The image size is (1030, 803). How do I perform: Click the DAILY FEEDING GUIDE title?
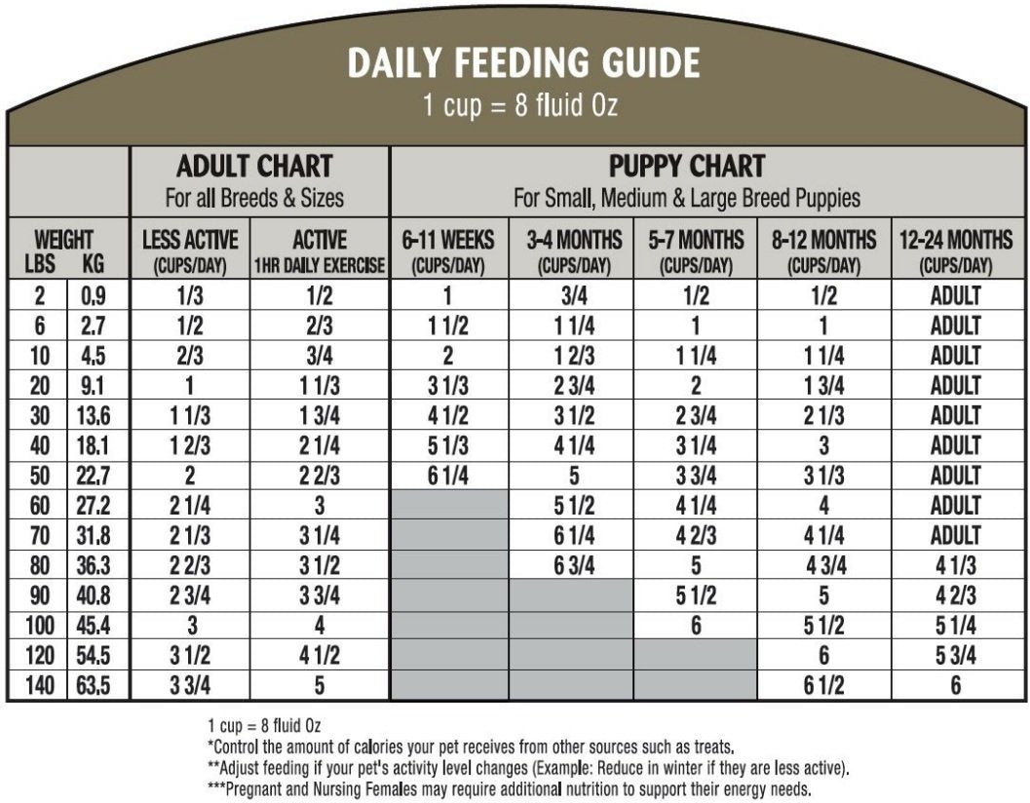(524, 64)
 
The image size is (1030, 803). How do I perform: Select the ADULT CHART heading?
(254, 166)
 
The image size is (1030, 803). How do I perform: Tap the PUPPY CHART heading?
(687, 166)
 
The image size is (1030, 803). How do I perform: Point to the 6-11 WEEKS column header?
(448, 250)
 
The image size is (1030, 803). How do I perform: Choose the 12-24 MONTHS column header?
(955, 250)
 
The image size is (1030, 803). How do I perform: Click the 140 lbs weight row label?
(36, 686)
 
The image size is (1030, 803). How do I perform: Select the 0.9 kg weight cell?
(94, 295)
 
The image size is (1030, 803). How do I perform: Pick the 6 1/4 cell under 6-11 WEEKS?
(448, 477)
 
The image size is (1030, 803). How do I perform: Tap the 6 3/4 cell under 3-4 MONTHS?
(572, 566)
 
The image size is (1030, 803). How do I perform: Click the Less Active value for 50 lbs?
(190, 477)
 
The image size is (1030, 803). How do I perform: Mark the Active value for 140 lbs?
(319, 686)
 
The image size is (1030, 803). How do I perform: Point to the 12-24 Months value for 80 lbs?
(955, 566)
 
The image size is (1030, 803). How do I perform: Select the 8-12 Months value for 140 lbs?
(823, 686)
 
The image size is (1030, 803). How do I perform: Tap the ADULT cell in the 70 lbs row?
(955, 536)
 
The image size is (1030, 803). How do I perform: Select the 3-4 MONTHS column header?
(572, 250)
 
